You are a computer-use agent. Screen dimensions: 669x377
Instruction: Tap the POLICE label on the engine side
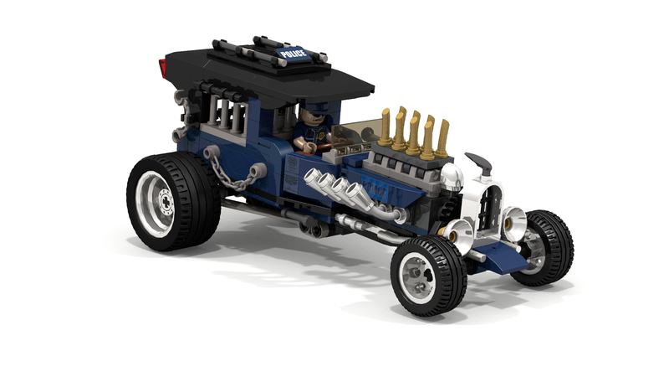374,188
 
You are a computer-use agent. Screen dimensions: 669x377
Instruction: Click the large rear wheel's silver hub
156,200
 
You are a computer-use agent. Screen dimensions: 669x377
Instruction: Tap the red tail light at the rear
162,69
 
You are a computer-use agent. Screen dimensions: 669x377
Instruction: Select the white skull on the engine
452,177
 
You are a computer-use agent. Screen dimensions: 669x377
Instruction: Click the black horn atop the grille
480,163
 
